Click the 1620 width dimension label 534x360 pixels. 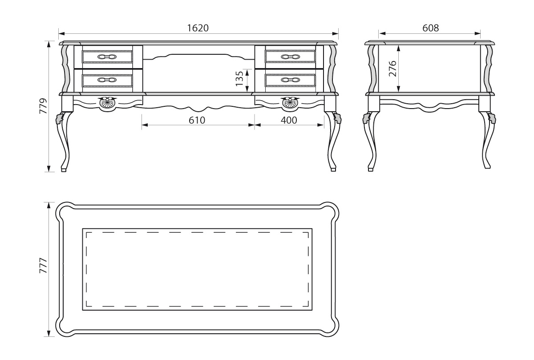pyautogui.click(x=198, y=28)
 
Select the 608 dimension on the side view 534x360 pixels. pyautogui.click(x=431, y=28)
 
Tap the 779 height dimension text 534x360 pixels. pyautogui.click(x=44, y=105)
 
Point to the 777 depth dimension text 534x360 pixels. pyautogui.click(x=44, y=265)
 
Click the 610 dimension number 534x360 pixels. pyautogui.click(x=197, y=120)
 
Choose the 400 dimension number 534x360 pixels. pyautogui.click(x=289, y=120)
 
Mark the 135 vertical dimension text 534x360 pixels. pyautogui.click(x=239, y=79)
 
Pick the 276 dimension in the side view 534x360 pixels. pyautogui.click(x=392, y=69)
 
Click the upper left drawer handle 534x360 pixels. pyautogui.click(x=107, y=57)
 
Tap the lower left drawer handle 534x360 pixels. pyautogui.click(x=107, y=80)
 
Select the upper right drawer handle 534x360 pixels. pyautogui.click(x=290, y=57)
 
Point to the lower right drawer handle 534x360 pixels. pyautogui.click(x=290, y=80)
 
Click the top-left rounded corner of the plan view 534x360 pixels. pyautogui.click(x=64, y=210)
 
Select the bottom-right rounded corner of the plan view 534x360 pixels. pyautogui.click(x=330, y=328)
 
